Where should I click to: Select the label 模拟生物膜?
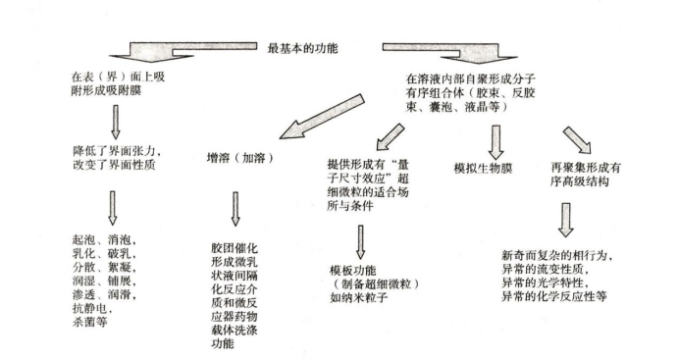483,168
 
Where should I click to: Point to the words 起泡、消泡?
109,239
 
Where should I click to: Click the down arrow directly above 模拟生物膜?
496,139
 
